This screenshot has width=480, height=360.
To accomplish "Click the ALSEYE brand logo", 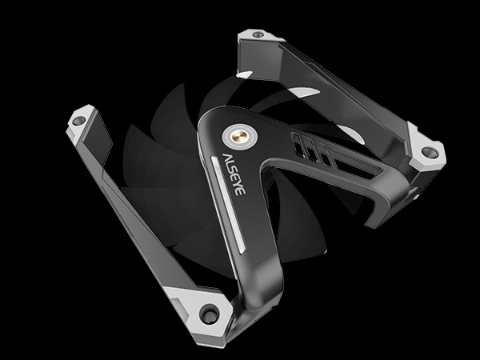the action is (234, 174).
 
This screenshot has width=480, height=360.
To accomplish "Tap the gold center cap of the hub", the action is (239, 136).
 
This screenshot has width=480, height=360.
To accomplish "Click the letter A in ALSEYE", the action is (227, 158).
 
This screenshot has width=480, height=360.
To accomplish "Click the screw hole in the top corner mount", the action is (258, 34).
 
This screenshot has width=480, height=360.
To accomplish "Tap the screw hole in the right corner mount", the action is (430, 152).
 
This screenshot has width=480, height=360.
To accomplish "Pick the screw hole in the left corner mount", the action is (78, 120).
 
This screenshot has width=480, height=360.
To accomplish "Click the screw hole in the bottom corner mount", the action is (210, 314).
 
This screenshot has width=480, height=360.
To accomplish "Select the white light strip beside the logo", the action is (228, 205).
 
